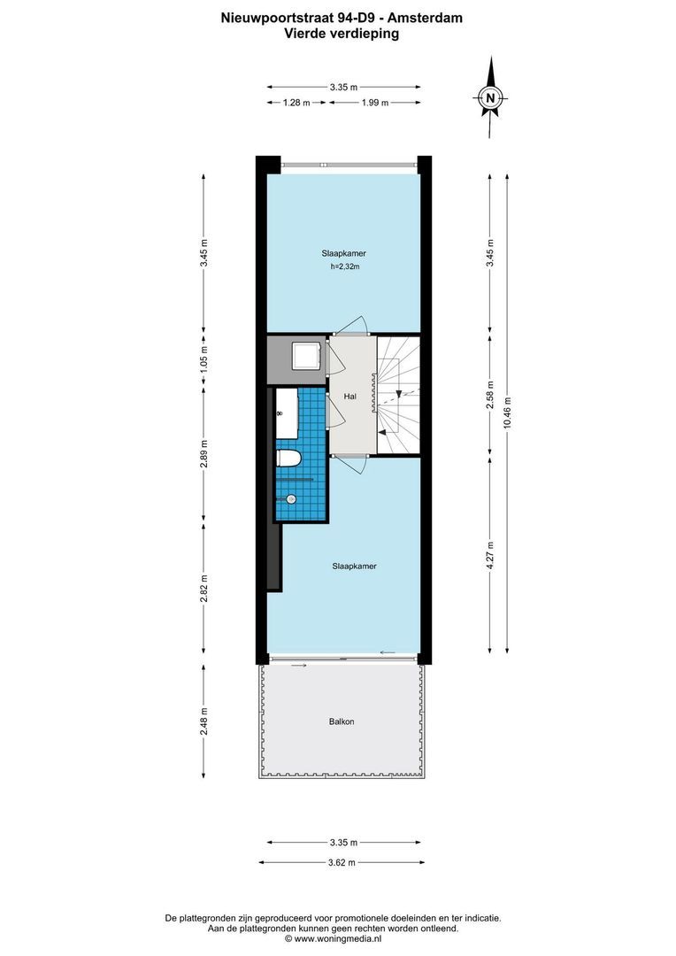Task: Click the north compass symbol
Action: [x=490, y=97]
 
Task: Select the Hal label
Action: [x=350, y=397]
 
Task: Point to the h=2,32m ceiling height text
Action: [x=343, y=266]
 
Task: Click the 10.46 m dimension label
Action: [x=507, y=412]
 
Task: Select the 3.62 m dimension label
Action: [x=341, y=862]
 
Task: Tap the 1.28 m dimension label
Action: [x=296, y=104]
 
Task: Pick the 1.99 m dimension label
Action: [x=374, y=104]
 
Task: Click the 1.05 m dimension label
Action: [x=204, y=360]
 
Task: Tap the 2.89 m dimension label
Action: [x=204, y=451]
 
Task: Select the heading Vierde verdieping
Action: [x=341, y=34]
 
